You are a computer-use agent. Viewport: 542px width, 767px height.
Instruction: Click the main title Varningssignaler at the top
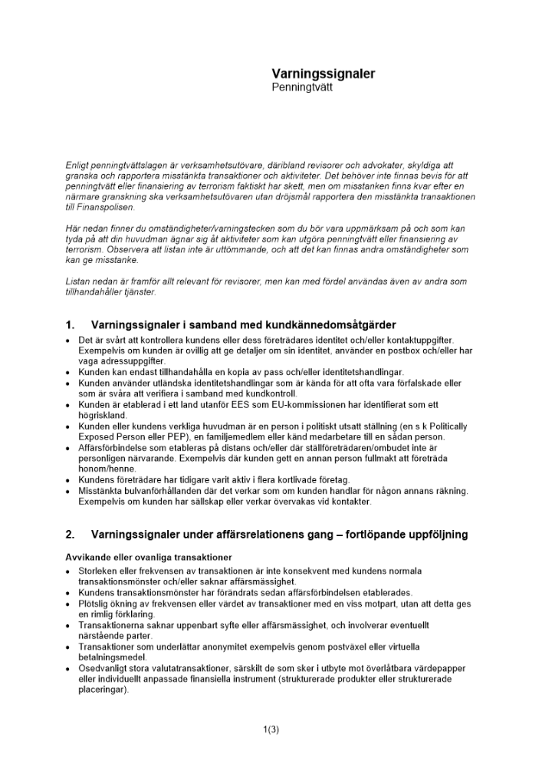coord(323,74)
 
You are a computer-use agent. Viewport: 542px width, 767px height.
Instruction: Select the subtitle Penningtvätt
coord(302,87)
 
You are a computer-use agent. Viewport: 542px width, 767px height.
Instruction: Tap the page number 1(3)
coord(271,729)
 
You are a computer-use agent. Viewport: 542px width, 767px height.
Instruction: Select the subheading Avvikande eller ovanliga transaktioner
coord(149,556)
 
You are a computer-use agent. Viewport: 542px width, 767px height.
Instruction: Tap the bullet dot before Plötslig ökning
coord(69,604)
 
